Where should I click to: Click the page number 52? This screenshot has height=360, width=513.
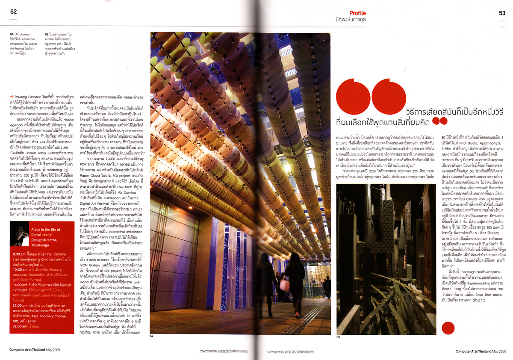pos(14,12)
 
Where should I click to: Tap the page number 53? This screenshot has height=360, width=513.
pos(502,13)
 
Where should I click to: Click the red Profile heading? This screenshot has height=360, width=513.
pos(357,13)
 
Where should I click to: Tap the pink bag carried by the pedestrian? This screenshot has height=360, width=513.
pos(284,284)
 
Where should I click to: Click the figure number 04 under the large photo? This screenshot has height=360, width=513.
pos(151,336)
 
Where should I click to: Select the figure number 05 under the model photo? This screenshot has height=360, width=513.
pos(338,338)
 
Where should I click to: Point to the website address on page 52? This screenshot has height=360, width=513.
pos(224,351)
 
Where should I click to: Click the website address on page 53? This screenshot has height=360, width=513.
pos(290,351)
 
